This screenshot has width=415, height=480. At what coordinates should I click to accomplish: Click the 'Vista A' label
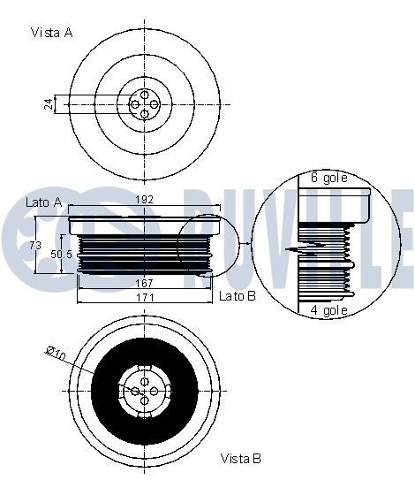52,33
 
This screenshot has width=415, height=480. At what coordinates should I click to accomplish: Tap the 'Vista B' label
241,459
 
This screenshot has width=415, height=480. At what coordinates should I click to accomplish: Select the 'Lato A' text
44,202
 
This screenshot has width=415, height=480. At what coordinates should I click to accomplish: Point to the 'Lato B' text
238,296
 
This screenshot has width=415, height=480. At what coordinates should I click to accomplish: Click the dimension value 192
144,200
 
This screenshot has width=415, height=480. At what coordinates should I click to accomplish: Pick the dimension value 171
145,297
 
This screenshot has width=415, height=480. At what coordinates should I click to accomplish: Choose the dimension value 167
144,283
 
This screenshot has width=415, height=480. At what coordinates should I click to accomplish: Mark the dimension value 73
35,245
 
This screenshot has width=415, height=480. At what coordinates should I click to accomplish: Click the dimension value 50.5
61,254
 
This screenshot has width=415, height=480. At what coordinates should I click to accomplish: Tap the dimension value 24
49,104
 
